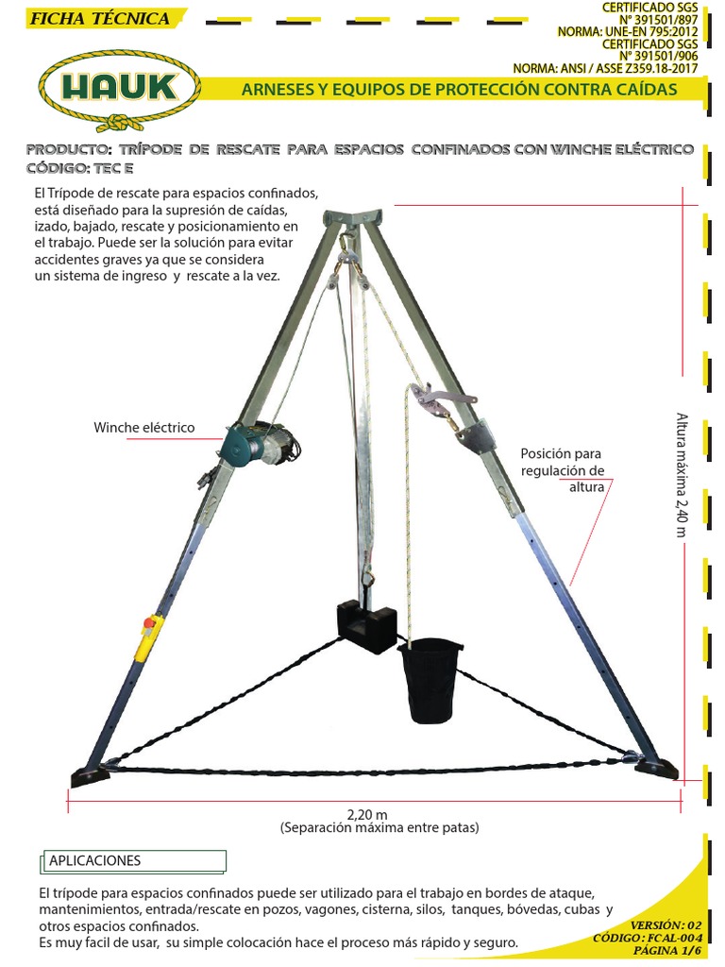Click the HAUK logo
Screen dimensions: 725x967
tap(120, 90)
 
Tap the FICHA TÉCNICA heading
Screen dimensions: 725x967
tap(100, 19)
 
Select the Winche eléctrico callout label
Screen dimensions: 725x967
tap(144, 428)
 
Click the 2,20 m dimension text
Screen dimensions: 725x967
tap(367, 815)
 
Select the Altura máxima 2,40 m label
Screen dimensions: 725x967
tap(682, 475)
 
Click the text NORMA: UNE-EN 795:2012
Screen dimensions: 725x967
tap(628, 31)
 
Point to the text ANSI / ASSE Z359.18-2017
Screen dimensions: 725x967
tap(630, 68)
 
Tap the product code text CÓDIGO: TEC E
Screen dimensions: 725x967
tap(79, 168)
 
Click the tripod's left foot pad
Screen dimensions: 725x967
tap(90, 776)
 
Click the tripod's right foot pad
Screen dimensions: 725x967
tap(657, 769)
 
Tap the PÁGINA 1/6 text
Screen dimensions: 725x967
tap(667, 950)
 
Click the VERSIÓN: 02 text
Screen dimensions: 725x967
tap(666, 925)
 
